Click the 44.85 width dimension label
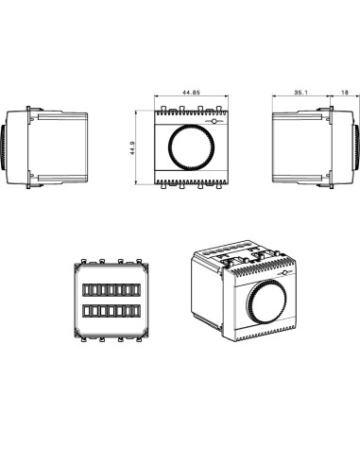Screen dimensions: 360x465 pos(191,93)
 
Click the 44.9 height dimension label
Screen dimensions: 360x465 pos(132,147)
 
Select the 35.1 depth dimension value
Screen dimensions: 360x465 pos(300,93)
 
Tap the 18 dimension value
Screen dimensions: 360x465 pos(345,93)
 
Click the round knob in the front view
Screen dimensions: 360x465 pos(192,147)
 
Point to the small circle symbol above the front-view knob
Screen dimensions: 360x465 pos(214,121)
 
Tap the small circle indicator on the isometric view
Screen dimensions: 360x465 pos(285,273)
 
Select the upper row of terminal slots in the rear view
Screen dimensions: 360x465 pos(111,290)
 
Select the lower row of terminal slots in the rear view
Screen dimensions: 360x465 pos(111,311)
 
